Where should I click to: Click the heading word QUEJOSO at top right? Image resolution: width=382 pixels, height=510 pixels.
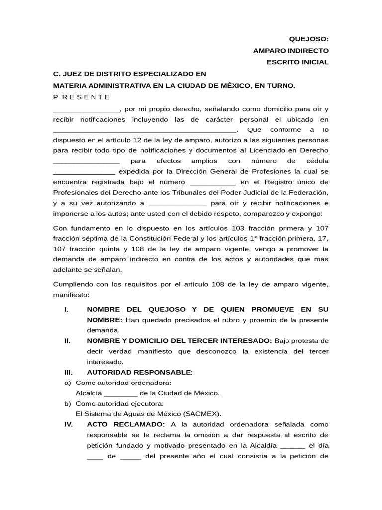point(309,39)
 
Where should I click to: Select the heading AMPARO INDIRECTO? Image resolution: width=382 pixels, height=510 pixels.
point(290,51)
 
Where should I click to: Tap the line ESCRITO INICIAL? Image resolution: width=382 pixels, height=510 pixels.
point(298,62)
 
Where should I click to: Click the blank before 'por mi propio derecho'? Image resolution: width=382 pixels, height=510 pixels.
point(86,109)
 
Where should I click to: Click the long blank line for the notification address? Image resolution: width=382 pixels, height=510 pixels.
point(145,130)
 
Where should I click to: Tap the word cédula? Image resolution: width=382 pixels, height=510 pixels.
point(317,161)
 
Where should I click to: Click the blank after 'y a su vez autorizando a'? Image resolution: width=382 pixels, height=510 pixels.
point(177,203)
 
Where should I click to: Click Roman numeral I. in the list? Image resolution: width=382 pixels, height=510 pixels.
point(66,309)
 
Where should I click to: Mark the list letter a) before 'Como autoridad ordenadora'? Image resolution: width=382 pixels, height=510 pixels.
point(67,382)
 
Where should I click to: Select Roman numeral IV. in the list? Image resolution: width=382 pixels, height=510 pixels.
point(69,424)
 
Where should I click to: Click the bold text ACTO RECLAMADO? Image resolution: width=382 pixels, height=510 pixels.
point(126,424)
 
